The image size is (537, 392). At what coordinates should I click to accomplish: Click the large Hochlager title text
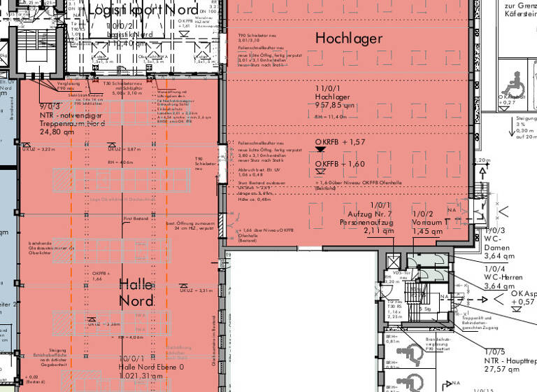point(349,38)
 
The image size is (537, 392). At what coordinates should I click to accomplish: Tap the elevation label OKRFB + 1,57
point(341,142)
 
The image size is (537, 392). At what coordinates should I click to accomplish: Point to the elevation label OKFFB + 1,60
point(341,164)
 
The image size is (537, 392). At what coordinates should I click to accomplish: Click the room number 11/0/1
point(327,90)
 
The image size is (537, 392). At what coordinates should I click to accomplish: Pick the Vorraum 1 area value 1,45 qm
point(427,230)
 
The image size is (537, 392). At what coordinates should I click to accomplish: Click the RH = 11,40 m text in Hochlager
point(331,116)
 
